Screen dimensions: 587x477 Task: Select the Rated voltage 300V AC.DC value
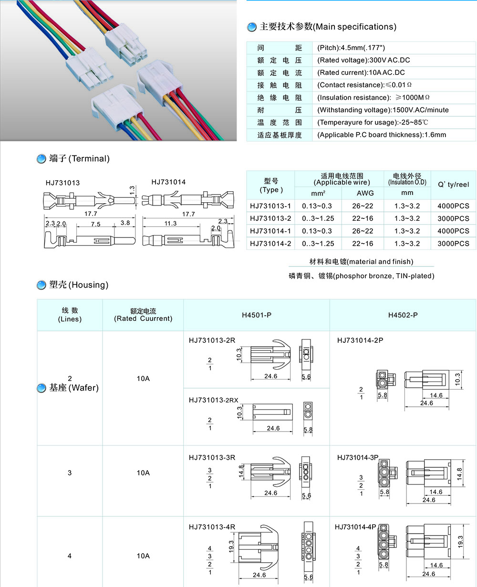click(363, 60)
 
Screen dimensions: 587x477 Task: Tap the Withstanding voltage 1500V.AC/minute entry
click(383, 110)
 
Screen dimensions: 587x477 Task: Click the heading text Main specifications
click(354, 27)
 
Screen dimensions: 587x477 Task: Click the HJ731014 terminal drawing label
click(168, 182)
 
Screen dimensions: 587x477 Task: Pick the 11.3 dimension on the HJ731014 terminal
click(170, 223)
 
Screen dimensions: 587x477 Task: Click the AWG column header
click(365, 193)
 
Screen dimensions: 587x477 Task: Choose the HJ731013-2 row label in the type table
click(270, 218)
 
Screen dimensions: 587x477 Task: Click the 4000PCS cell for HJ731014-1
click(453, 231)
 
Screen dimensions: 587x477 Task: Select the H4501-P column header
click(257, 315)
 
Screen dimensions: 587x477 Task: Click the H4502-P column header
click(403, 315)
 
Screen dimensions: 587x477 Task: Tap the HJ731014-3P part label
click(357, 457)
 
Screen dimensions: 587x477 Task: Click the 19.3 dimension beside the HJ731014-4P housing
click(460, 541)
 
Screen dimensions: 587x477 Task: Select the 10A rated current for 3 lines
click(143, 473)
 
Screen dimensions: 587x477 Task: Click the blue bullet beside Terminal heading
click(41, 159)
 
